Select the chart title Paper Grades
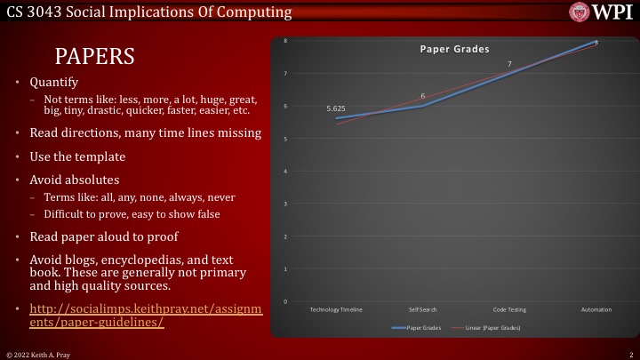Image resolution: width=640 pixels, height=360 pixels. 454,50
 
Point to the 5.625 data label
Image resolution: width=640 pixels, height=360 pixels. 336,108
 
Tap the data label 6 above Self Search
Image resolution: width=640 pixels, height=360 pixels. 422,95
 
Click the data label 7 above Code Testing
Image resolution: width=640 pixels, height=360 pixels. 509,64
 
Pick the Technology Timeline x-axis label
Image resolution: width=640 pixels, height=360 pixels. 336,309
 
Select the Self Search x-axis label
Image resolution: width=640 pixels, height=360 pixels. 422,309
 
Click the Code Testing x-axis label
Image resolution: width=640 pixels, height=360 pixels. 509,309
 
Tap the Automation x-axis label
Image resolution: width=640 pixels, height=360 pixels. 596,309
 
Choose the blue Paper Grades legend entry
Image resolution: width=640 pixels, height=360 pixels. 417,328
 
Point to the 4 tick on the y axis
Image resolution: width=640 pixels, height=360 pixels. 285,172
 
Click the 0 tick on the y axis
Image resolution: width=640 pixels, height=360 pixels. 285,302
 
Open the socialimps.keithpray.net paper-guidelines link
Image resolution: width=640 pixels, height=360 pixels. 146,315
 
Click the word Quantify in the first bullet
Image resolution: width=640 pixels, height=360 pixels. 48,82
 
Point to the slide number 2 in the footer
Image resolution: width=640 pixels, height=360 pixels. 628,354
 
